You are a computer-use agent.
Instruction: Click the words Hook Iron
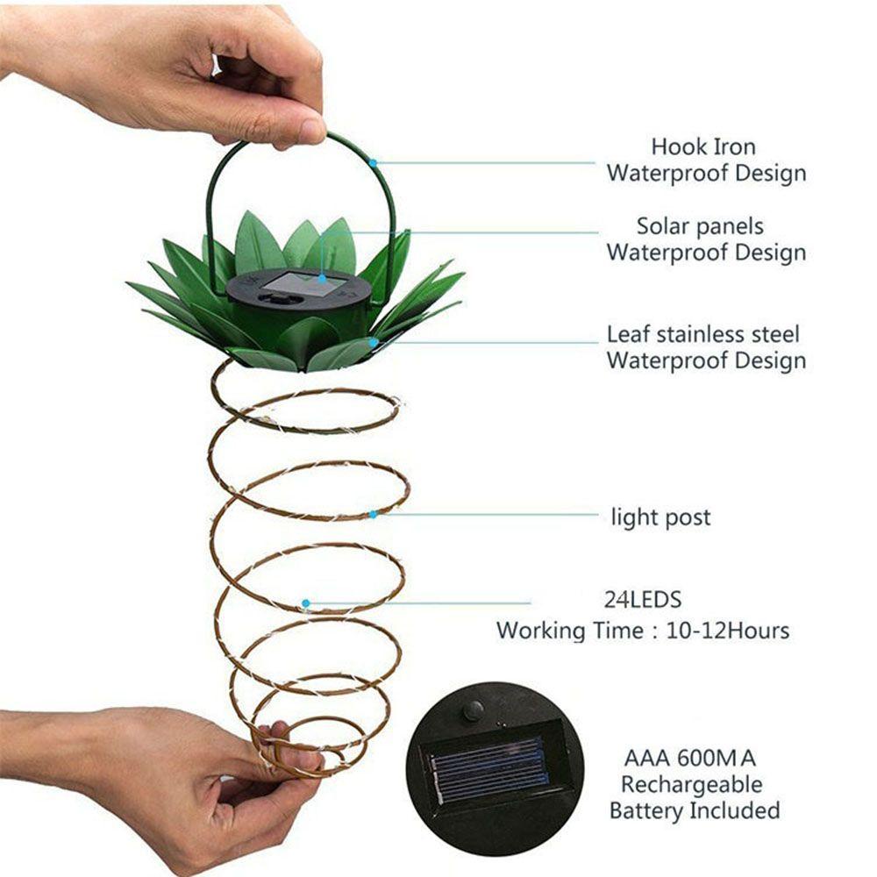[x=702, y=146]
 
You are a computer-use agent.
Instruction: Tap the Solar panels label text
[x=700, y=226]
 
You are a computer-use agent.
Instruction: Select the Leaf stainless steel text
[x=703, y=334]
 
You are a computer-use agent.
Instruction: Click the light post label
[x=660, y=517]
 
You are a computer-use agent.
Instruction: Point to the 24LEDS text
[x=642, y=601]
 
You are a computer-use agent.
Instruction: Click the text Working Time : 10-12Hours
[x=642, y=630]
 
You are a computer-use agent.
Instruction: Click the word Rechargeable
[x=691, y=784]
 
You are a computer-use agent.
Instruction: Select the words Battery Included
[x=695, y=809]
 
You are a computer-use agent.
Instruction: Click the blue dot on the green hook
[x=374, y=163]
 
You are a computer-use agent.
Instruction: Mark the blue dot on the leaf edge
[x=374, y=343]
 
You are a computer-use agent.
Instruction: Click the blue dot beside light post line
[x=374, y=514]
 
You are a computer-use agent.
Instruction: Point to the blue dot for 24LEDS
[x=305, y=603]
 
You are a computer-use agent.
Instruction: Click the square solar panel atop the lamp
[x=305, y=283]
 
